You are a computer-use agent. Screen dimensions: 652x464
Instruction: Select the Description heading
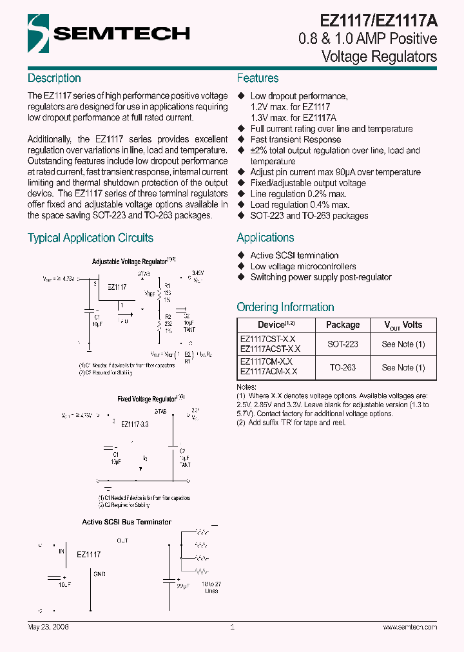(54, 78)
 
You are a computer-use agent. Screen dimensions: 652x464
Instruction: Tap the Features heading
(258, 78)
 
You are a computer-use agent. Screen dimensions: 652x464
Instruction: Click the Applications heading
(266, 237)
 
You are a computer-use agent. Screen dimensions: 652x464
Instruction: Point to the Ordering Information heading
(285, 307)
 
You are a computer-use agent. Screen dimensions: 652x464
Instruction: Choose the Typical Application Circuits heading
(90, 238)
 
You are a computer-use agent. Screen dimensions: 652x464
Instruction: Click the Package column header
(343, 325)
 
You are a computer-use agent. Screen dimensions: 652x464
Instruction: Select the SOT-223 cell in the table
(343, 344)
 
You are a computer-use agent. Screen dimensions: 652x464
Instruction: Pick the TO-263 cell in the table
(343, 367)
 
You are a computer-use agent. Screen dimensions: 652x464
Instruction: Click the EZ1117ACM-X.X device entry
(269, 372)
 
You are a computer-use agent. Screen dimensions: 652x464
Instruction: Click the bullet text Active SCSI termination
(295, 255)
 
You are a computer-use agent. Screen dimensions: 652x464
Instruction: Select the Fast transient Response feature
(296, 139)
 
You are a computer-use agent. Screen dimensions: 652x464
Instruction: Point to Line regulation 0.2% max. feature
(298, 194)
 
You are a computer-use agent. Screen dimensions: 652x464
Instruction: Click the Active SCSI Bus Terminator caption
(127, 522)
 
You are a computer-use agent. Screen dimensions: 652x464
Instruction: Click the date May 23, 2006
(48, 627)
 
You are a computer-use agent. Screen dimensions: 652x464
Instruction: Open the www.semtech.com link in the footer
(410, 627)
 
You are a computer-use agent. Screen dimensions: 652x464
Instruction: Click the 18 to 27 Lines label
(210, 587)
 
